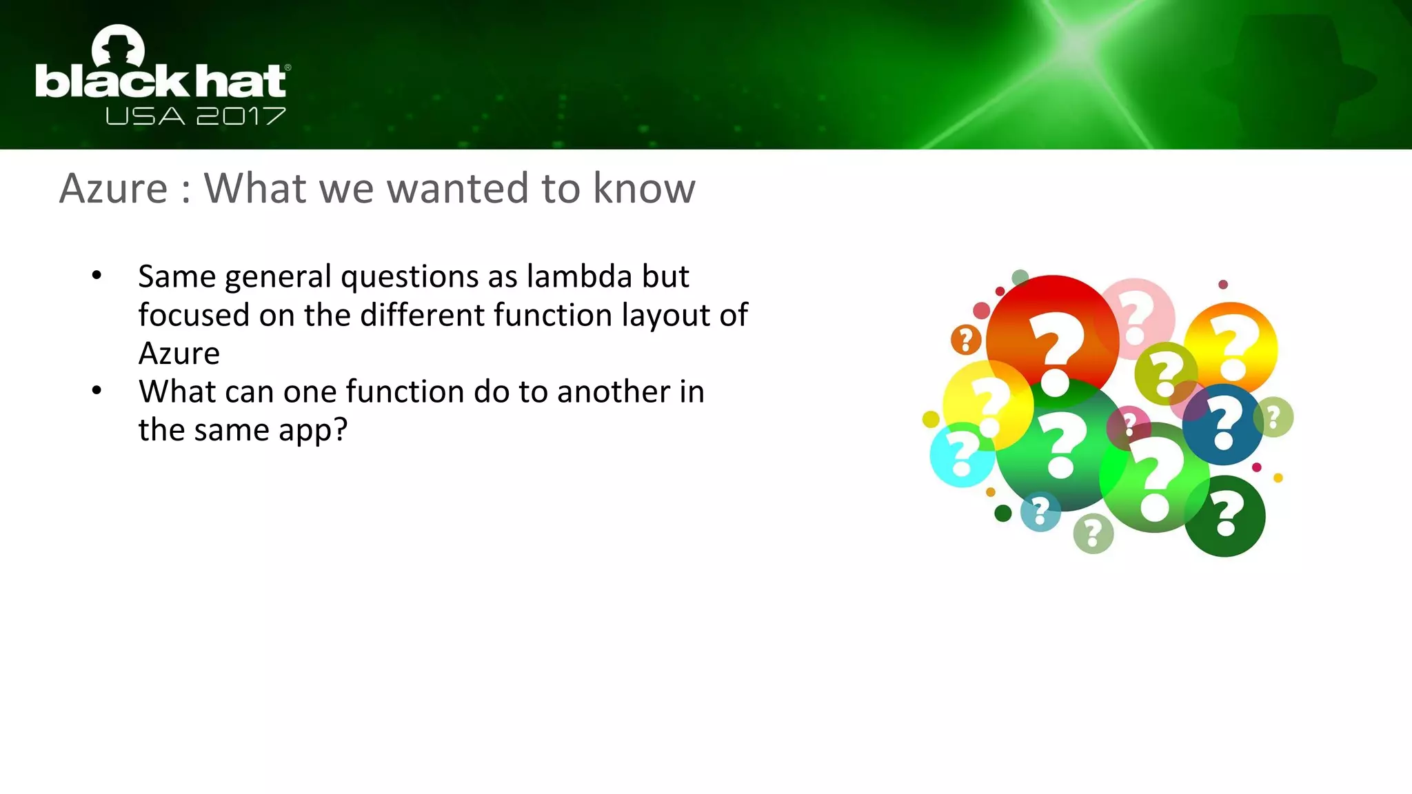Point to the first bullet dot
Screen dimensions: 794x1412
[97, 276]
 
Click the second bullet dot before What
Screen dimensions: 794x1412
[97, 391]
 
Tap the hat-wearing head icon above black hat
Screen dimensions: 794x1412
[119, 47]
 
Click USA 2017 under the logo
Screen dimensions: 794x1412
[195, 116]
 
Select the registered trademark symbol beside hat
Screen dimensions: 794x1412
[288, 68]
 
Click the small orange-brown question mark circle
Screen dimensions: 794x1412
[966, 340]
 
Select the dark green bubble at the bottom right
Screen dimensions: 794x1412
[1225, 517]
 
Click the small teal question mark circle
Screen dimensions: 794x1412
[1040, 511]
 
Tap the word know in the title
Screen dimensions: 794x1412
[644, 188]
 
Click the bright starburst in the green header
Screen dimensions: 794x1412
[1076, 45]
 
